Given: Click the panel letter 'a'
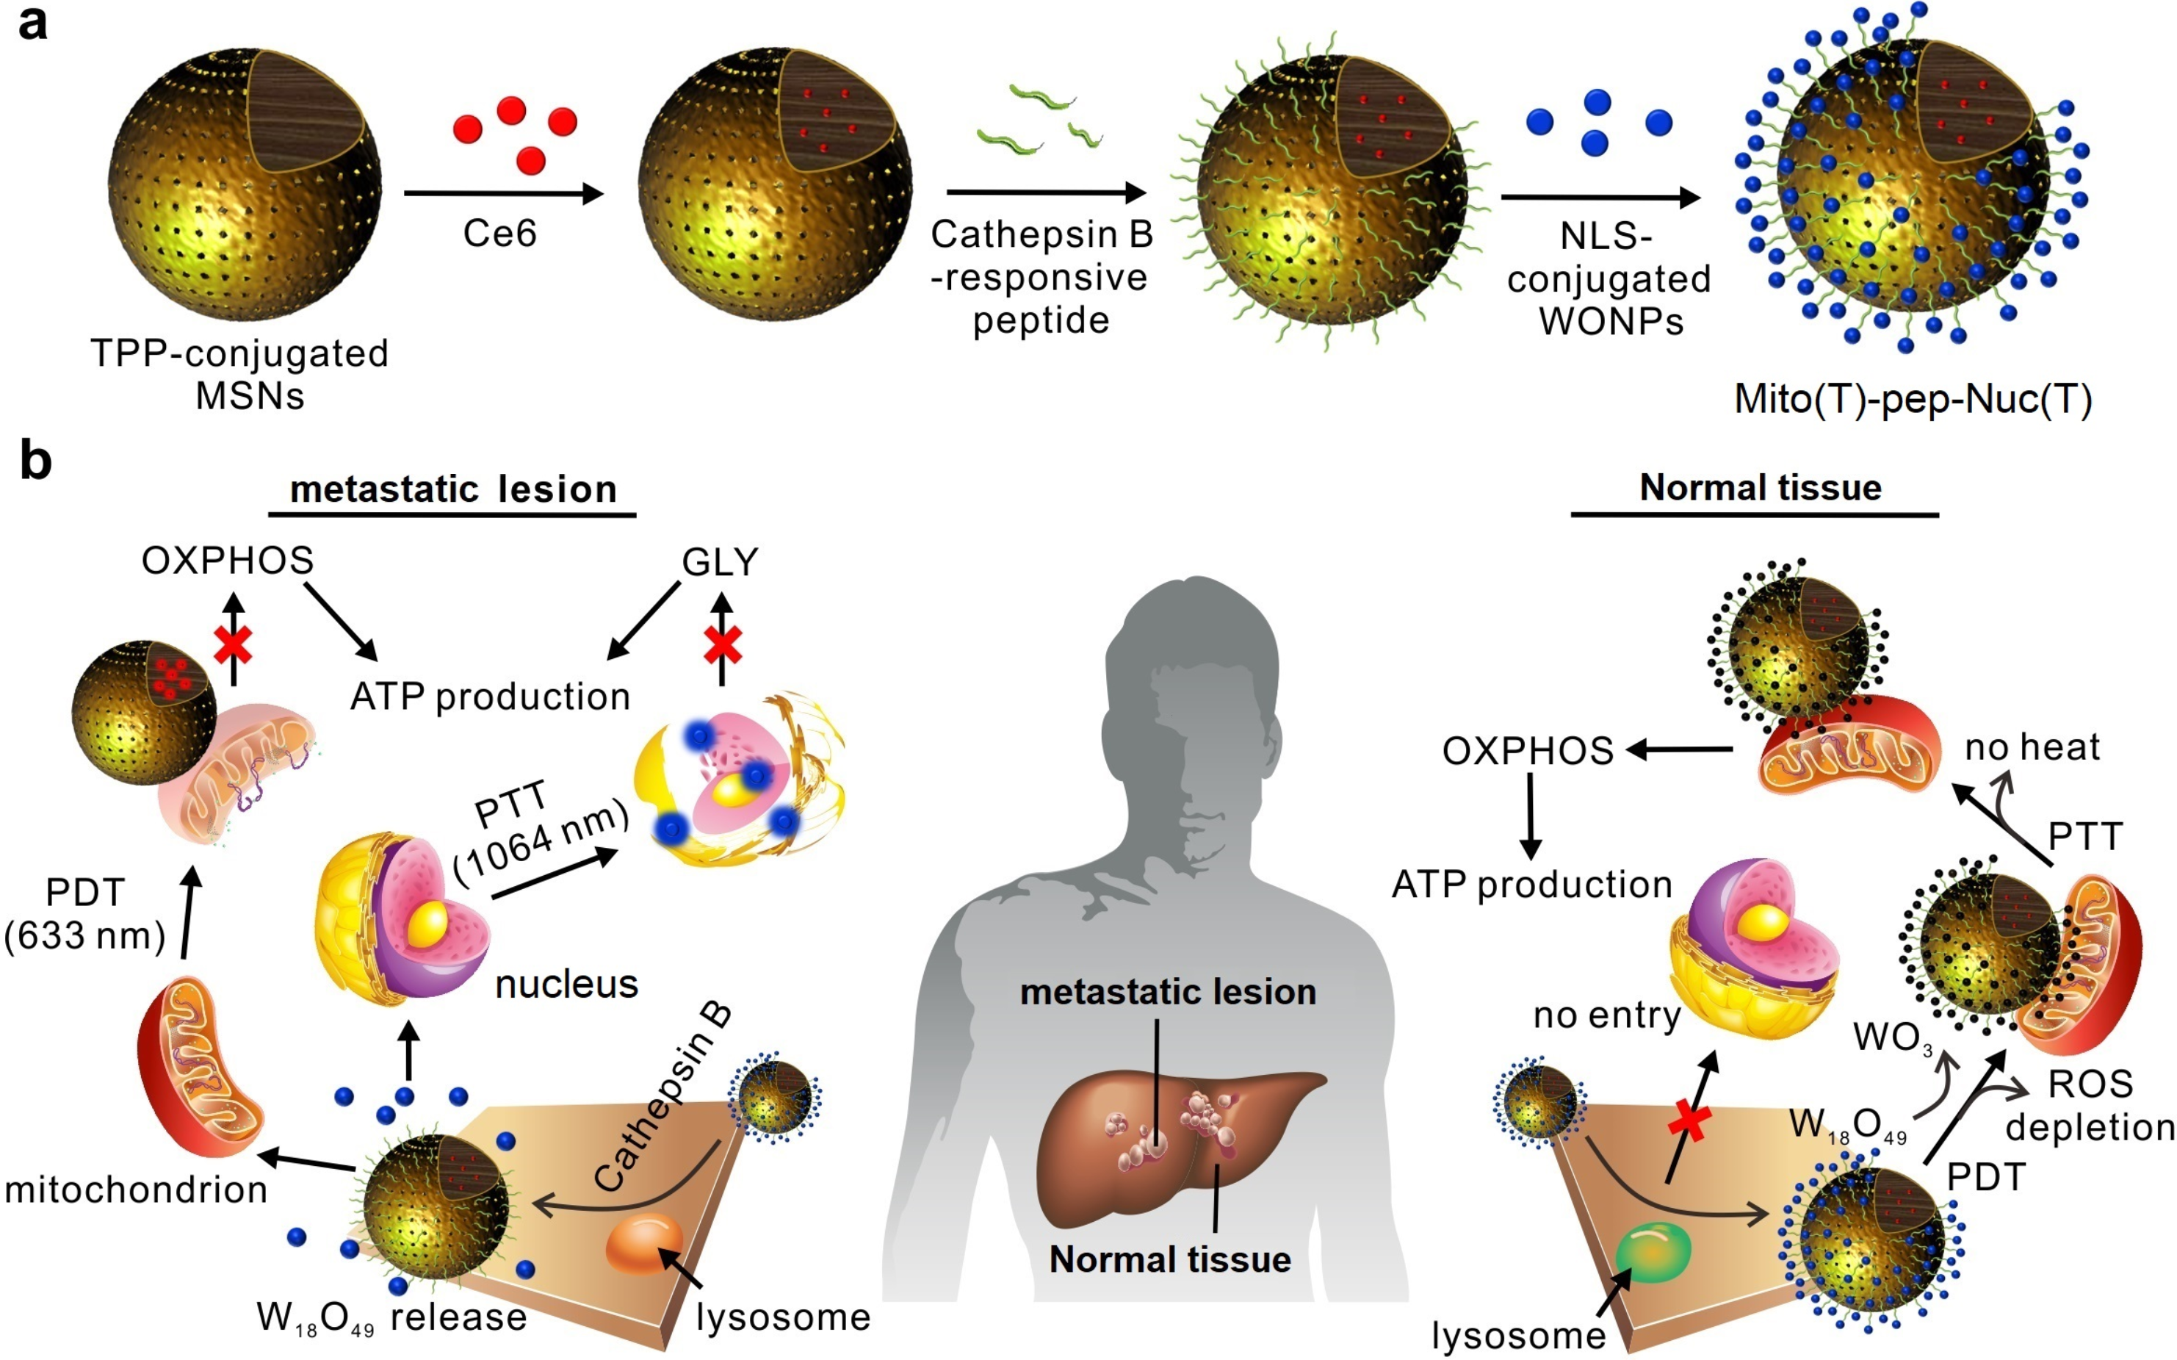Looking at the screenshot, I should pyautogui.click(x=32, y=24).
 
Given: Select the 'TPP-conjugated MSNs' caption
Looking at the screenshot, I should pyautogui.click(x=240, y=374).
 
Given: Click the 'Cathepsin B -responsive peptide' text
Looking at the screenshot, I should pyautogui.click(x=1041, y=277).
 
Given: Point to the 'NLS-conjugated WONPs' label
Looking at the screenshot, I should pyautogui.click(x=1609, y=279).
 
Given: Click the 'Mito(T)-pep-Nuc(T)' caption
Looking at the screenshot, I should pyautogui.click(x=1913, y=398).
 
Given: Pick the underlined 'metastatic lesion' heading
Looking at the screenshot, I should pyautogui.click(x=453, y=490).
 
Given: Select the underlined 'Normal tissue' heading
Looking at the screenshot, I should pyautogui.click(x=1760, y=489).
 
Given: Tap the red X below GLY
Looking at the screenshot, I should pyautogui.click(x=722, y=644).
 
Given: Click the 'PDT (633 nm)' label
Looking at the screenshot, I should pyautogui.click(x=85, y=915).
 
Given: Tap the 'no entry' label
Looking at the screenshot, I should pyautogui.click(x=1606, y=1015).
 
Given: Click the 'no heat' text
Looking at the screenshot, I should pyautogui.click(x=2032, y=746).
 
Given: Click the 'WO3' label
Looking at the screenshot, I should pyautogui.click(x=1893, y=1038).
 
